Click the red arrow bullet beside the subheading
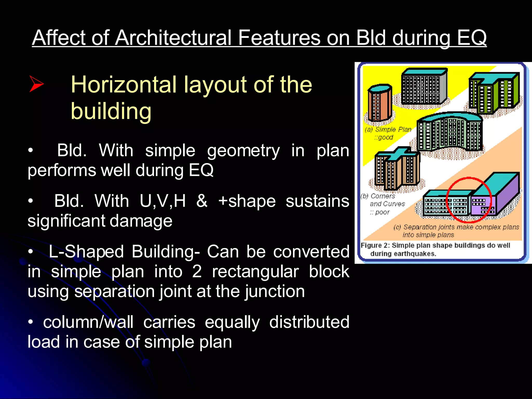[36, 84]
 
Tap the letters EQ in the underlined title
[471, 38]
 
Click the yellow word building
[111, 111]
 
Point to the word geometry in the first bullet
[243, 150]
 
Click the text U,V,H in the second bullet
[163, 201]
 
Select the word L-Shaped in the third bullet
[86, 252]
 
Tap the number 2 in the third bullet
[197, 272]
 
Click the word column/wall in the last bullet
[88, 322]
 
